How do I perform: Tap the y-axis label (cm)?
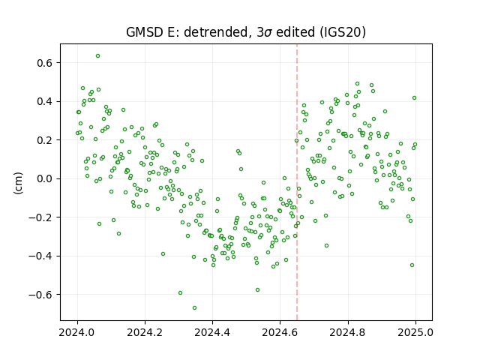point(19,183)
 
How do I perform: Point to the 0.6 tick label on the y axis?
point(45,63)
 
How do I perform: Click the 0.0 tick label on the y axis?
point(45,178)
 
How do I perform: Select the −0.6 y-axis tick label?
point(40,295)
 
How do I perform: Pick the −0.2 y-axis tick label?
point(40,217)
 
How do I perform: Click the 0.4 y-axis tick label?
point(45,101)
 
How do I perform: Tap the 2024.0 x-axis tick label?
point(77,332)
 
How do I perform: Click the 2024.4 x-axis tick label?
point(212,332)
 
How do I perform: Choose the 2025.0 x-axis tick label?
point(415,332)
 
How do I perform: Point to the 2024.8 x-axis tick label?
point(348,332)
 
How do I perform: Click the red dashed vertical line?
point(297,182)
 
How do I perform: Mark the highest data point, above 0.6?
point(97,56)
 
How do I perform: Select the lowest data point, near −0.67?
point(194,307)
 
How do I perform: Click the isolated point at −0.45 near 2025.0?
point(412,265)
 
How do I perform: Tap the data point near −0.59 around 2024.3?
point(180,293)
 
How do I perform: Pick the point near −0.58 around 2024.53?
point(257,290)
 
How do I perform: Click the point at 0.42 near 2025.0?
point(414,98)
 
